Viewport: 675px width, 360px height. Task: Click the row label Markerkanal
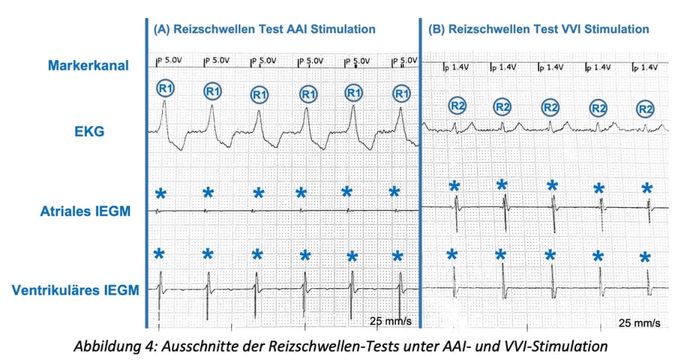pyautogui.click(x=88, y=65)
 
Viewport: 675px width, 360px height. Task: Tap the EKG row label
pyautogui.click(x=89, y=131)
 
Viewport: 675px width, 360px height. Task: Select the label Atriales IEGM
pyautogui.click(x=85, y=211)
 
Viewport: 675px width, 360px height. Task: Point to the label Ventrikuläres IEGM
pyautogui.click(x=75, y=289)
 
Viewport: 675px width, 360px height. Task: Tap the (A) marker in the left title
pyautogui.click(x=161, y=29)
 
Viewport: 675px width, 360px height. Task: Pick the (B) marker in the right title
pyautogui.click(x=436, y=29)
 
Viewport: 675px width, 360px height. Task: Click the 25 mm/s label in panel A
pyautogui.click(x=391, y=321)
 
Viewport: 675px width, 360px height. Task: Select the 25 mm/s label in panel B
pyautogui.click(x=639, y=322)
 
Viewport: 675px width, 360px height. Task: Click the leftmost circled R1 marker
pyautogui.click(x=166, y=88)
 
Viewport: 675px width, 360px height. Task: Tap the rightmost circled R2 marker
pyautogui.click(x=645, y=109)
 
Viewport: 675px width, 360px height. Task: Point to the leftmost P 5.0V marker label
pyautogui.click(x=169, y=61)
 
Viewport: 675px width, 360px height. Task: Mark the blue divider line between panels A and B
pyautogui.click(x=420, y=172)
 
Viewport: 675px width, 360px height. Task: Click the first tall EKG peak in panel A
pyautogui.click(x=164, y=102)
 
